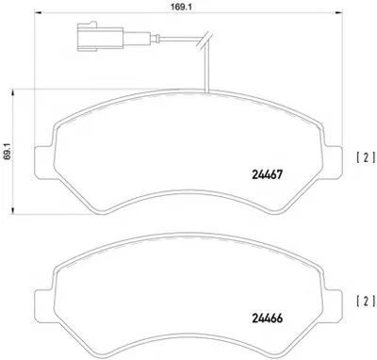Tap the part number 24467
click(267, 174)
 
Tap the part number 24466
click(267, 319)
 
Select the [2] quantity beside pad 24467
click(366, 157)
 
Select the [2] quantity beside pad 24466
click(366, 302)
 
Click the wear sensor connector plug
click(100, 37)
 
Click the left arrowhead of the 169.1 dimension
click(38, 13)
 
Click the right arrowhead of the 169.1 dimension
click(337, 13)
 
